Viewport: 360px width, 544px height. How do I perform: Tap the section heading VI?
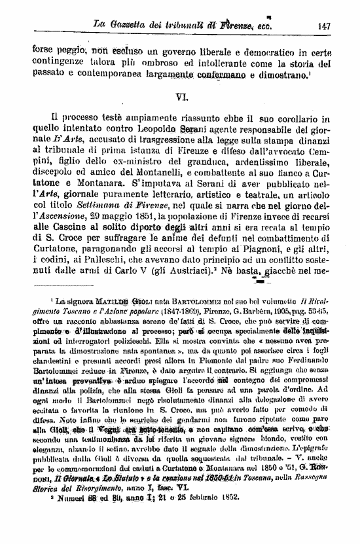pos(183,97)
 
